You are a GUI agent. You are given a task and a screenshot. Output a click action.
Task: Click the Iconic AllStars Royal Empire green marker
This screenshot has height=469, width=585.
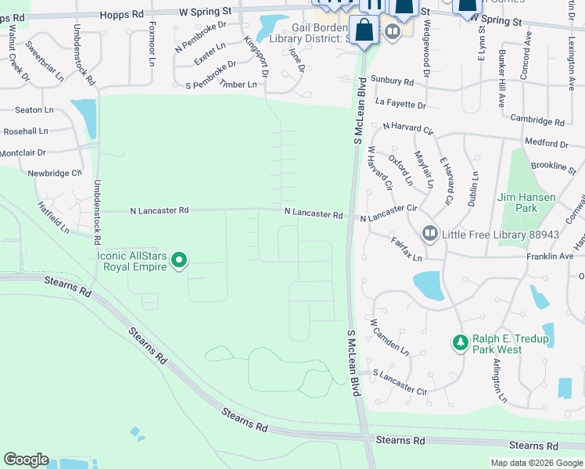tap(179, 260)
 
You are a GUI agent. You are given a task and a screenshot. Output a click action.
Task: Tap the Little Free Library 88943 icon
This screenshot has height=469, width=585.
tap(430, 234)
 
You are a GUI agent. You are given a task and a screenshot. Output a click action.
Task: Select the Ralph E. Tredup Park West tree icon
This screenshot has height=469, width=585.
tap(461, 342)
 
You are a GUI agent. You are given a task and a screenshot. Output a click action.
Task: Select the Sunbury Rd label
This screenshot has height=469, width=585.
tap(393, 81)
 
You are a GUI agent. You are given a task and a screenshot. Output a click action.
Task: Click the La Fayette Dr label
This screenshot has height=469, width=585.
tap(400, 103)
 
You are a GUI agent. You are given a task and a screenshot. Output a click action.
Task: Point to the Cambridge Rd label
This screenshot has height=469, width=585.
tap(537, 121)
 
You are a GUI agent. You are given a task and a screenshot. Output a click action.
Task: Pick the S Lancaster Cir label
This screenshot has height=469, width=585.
tap(400, 383)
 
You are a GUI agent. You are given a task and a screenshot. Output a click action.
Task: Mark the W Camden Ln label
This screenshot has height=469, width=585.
tap(389, 335)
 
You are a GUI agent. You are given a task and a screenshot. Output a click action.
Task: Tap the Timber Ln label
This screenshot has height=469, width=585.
tap(238, 84)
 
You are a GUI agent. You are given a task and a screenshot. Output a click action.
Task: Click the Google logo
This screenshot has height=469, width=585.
tap(26, 460)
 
